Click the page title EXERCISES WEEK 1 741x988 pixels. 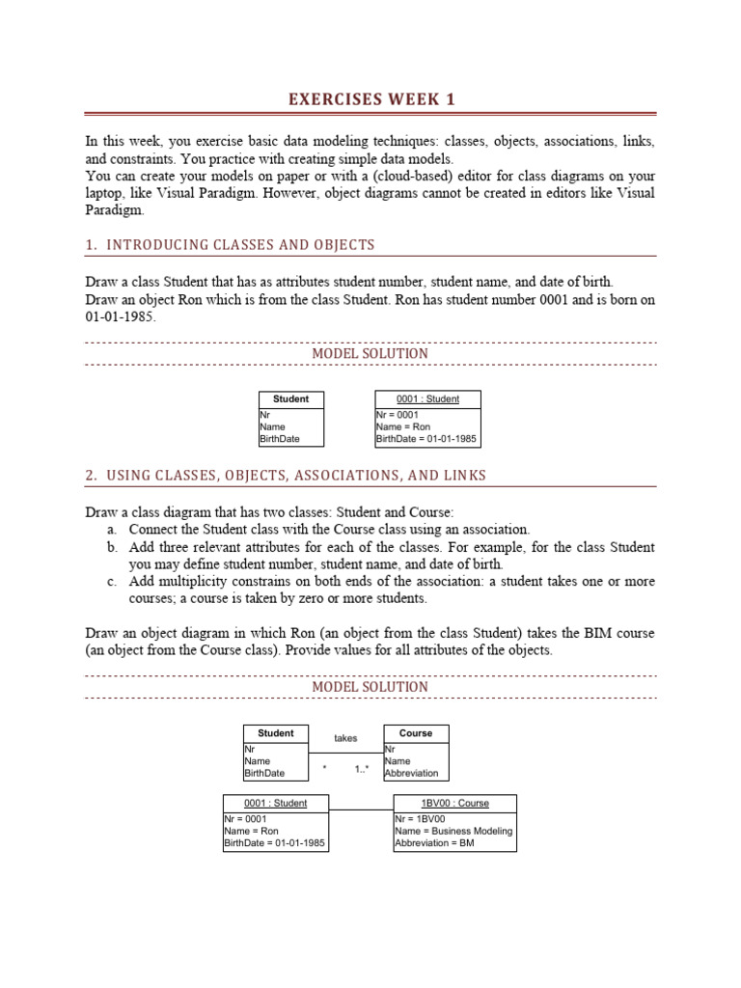(370, 99)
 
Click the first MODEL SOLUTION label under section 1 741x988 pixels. (370, 354)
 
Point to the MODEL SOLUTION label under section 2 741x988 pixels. (370, 687)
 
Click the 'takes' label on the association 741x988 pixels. (345, 738)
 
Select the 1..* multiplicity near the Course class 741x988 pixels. (363, 770)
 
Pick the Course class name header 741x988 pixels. (416, 733)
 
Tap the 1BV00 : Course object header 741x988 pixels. (454, 803)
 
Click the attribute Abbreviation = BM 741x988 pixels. (434, 842)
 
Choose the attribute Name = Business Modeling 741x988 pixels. (453, 831)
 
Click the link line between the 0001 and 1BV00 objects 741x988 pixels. (361, 809)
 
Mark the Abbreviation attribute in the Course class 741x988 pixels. (411, 773)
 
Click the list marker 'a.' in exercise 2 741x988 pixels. (112, 530)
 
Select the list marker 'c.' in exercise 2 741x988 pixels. (112, 582)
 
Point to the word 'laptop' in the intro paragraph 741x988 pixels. (103, 193)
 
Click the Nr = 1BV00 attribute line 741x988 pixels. (420, 819)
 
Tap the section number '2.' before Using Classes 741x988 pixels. (91, 476)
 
